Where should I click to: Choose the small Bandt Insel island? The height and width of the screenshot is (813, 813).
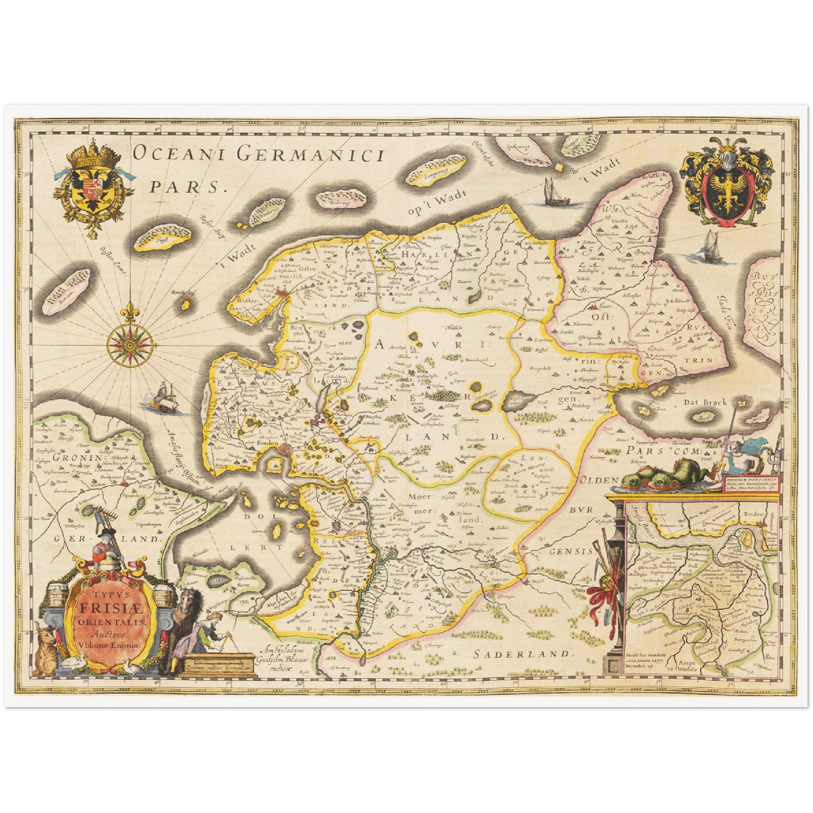185,304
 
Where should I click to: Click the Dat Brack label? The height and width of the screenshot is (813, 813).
705,402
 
